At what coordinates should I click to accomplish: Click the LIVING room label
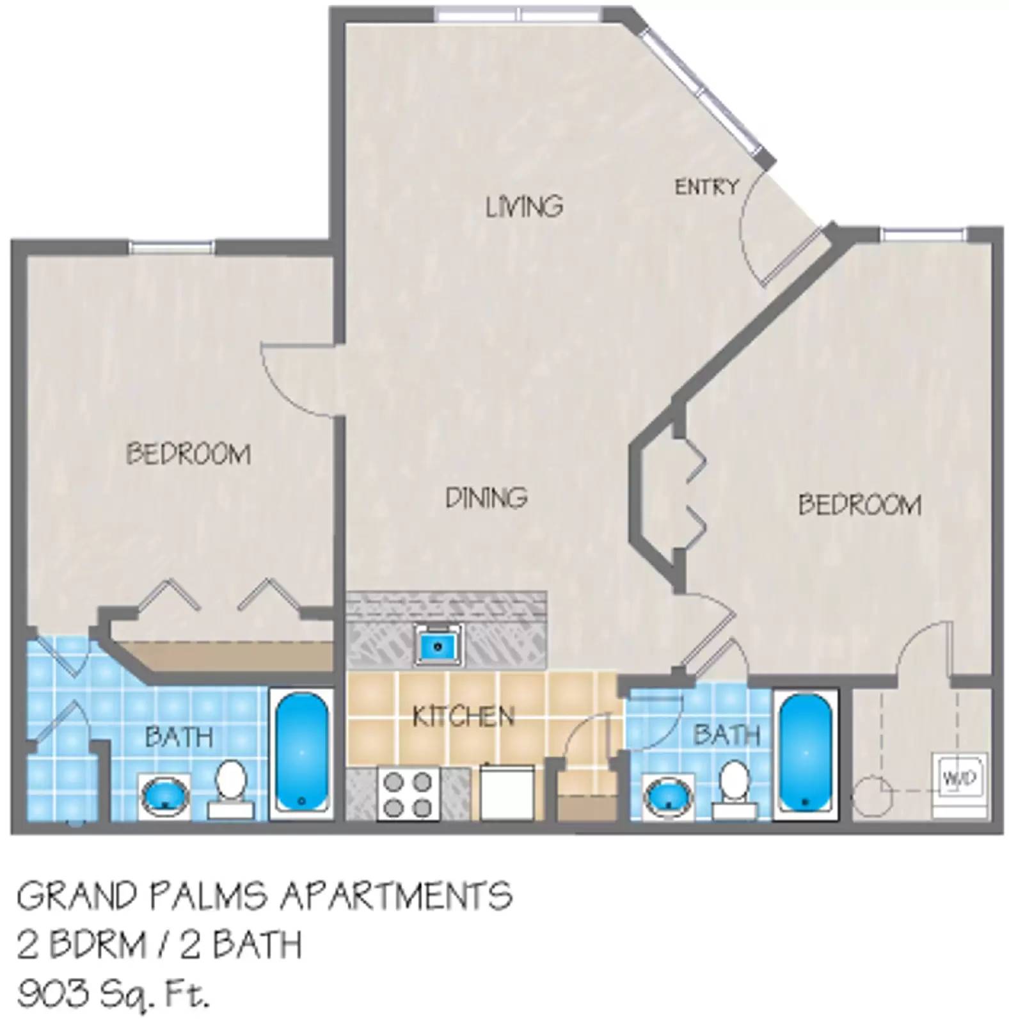click(x=524, y=207)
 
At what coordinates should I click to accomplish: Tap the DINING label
click(x=486, y=497)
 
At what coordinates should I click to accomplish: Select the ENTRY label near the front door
click(x=706, y=187)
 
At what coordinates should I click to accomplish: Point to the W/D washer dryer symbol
click(x=960, y=777)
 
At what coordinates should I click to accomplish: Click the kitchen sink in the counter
click(x=438, y=645)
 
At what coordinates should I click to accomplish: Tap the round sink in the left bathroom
click(x=165, y=796)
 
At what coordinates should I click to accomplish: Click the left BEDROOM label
click(x=188, y=454)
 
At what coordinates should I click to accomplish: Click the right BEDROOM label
click(x=859, y=505)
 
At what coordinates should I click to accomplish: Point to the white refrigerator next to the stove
click(x=507, y=792)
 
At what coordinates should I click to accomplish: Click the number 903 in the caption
click(x=53, y=995)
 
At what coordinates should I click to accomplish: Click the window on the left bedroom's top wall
click(x=171, y=247)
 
